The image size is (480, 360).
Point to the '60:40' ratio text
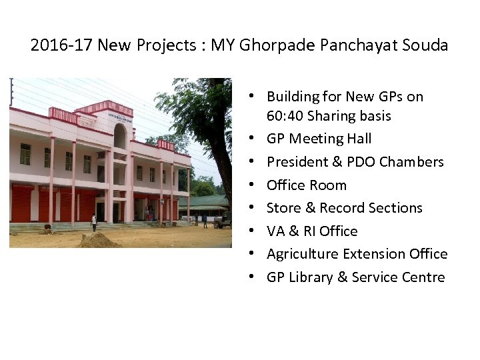tap(285, 116)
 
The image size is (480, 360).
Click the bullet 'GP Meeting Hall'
tap(319, 139)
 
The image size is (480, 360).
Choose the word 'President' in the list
tap(298, 162)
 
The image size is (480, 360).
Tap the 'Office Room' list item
tap(306, 185)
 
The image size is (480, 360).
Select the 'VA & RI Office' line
tap(311, 231)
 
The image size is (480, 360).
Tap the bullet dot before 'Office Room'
tap(257, 185)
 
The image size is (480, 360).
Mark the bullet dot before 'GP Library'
tap(257, 277)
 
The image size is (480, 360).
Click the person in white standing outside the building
tap(94, 223)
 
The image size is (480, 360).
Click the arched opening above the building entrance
tap(119, 137)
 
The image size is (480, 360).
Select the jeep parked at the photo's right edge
tap(223, 219)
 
